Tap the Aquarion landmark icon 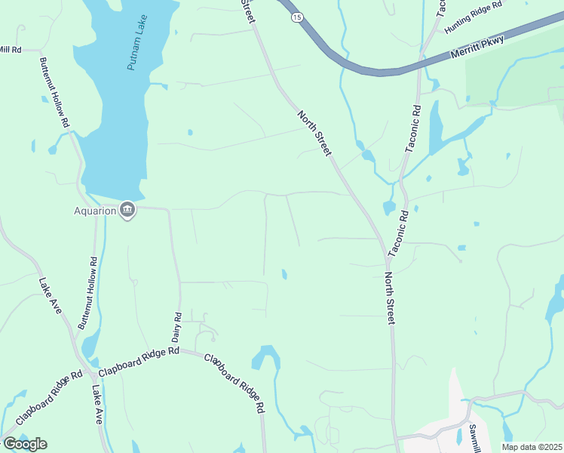pos(127,210)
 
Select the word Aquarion pos(94,211)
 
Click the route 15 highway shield pos(298,16)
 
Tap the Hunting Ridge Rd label pos(473,17)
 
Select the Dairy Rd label pos(178,325)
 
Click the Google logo pos(24,444)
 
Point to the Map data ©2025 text pos(532,447)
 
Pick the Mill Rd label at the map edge pos(11,49)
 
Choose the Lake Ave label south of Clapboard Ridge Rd pos(97,405)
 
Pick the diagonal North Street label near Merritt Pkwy pos(314,134)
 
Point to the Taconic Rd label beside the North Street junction pos(397,233)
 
